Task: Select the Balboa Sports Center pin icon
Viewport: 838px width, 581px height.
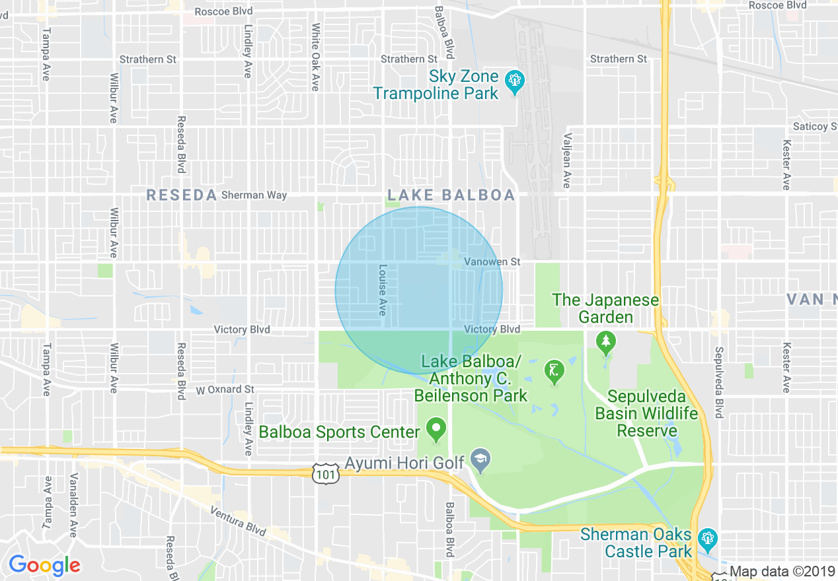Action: pos(436,430)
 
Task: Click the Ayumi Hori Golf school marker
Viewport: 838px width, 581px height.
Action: pos(480,461)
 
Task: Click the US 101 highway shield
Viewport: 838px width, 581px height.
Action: pos(326,473)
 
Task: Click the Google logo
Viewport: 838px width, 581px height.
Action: pos(44,565)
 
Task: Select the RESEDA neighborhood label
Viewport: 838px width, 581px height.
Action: pos(182,195)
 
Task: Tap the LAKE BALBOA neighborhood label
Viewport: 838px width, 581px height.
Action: pos(451,195)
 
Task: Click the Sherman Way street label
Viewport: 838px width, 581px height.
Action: pos(254,195)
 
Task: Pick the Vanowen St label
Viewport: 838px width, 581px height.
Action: pos(492,262)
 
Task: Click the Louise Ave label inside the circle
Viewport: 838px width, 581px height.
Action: pos(382,290)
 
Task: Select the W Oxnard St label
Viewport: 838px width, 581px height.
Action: pos(225,390)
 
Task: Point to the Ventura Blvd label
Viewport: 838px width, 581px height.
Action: pos(238,521)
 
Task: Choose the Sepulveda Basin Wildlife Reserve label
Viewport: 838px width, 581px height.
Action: pos(646,413)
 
